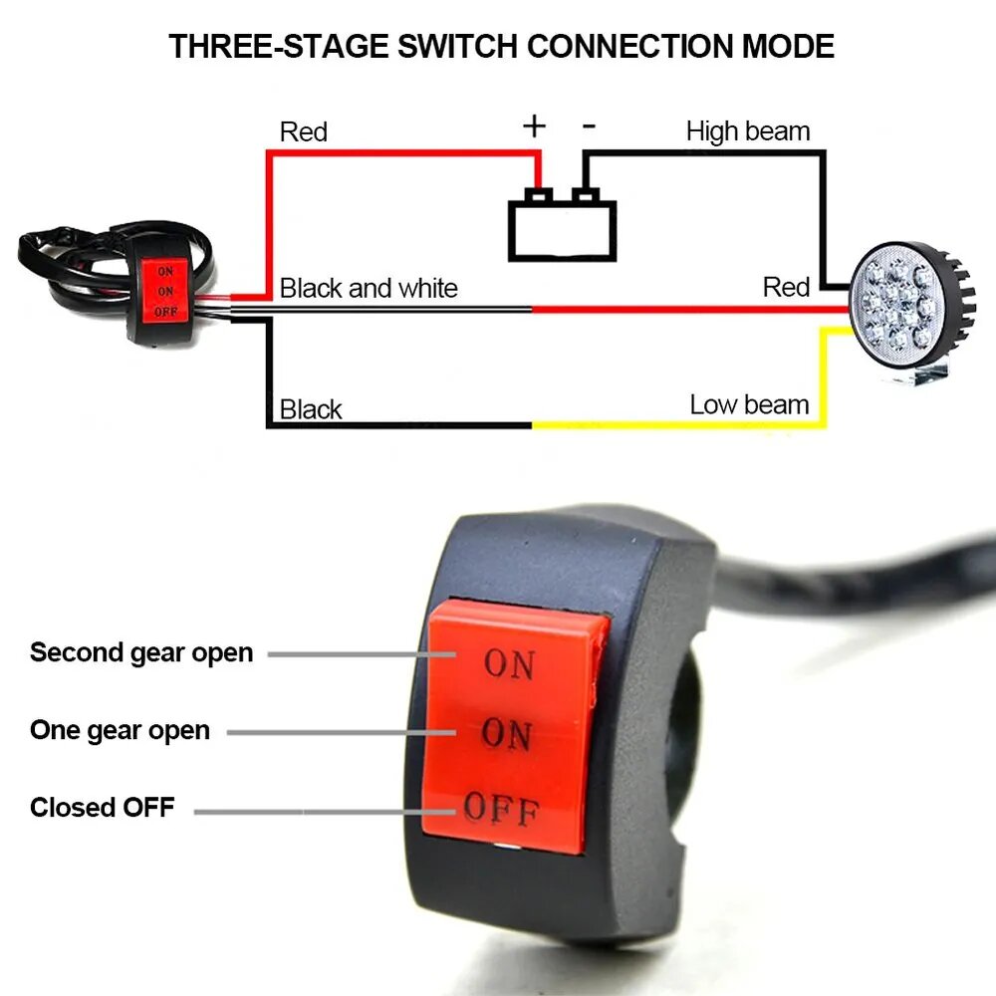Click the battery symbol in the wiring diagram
563,229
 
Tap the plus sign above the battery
535,125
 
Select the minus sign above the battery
590,125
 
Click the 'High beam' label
748,131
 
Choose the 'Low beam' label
749,404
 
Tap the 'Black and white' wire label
369,289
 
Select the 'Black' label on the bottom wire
311,409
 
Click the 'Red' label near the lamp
786,288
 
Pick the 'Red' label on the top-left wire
304,131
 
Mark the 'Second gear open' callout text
141,653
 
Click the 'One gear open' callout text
120,730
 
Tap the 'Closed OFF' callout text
102,807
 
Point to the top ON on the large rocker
509,664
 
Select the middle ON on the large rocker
506,735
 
